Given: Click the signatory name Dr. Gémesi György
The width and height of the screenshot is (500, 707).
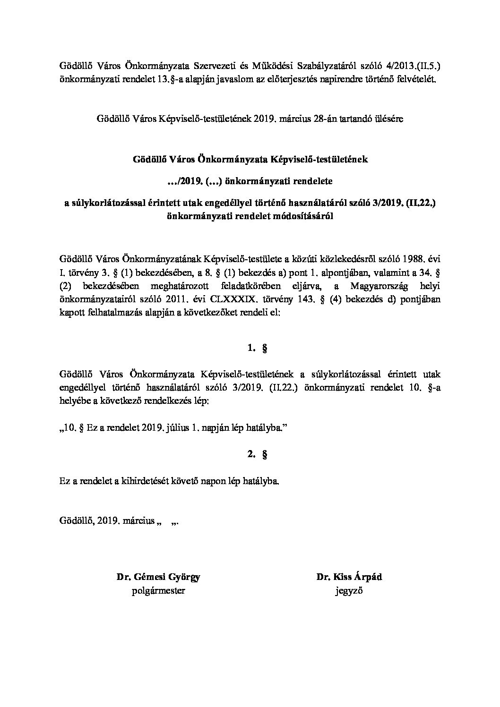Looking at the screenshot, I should click(x=158, y=577).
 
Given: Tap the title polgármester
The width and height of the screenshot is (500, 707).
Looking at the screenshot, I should click(x=158, y=590).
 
